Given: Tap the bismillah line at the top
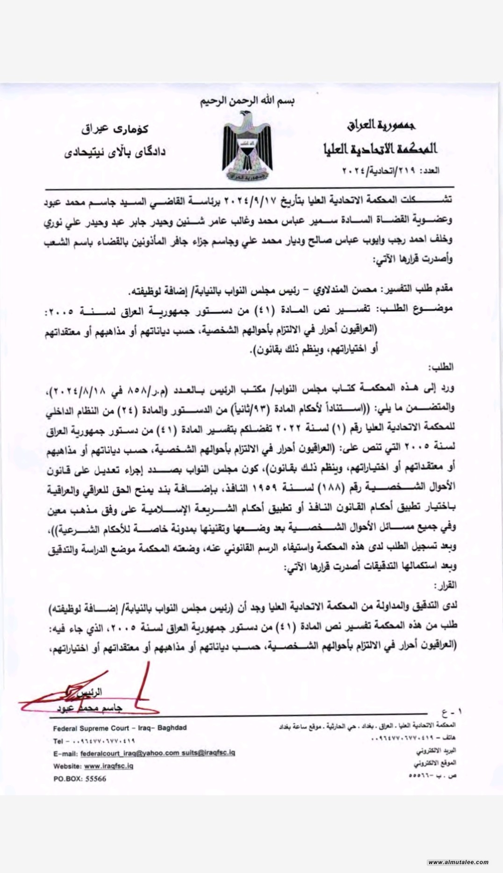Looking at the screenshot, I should (x=248, y=101).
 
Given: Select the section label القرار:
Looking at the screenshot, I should (x=445, y=585).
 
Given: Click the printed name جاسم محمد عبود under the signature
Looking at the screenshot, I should (x=89, y=708).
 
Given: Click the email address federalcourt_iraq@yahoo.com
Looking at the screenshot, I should (x=129, y=753).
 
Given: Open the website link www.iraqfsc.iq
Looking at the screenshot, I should (x=109, y=766).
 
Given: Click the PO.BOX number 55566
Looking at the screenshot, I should (x=95, y=779).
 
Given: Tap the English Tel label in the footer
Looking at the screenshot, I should (x=58, y=741).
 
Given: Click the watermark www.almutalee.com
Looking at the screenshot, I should (x=458, y=862).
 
